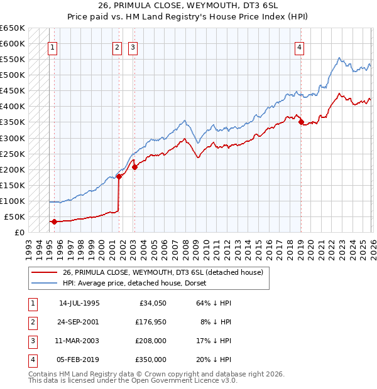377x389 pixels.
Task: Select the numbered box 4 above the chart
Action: pos(300,46)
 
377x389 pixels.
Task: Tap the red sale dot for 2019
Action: pos(301,122)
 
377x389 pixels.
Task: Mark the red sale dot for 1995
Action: pos(54,221)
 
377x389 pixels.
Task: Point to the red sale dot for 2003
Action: pos(134,167)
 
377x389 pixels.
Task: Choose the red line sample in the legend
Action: pos(45,272)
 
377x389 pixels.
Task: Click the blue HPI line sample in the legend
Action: pos(45,283)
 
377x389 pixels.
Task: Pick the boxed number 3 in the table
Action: pos(31,341)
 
